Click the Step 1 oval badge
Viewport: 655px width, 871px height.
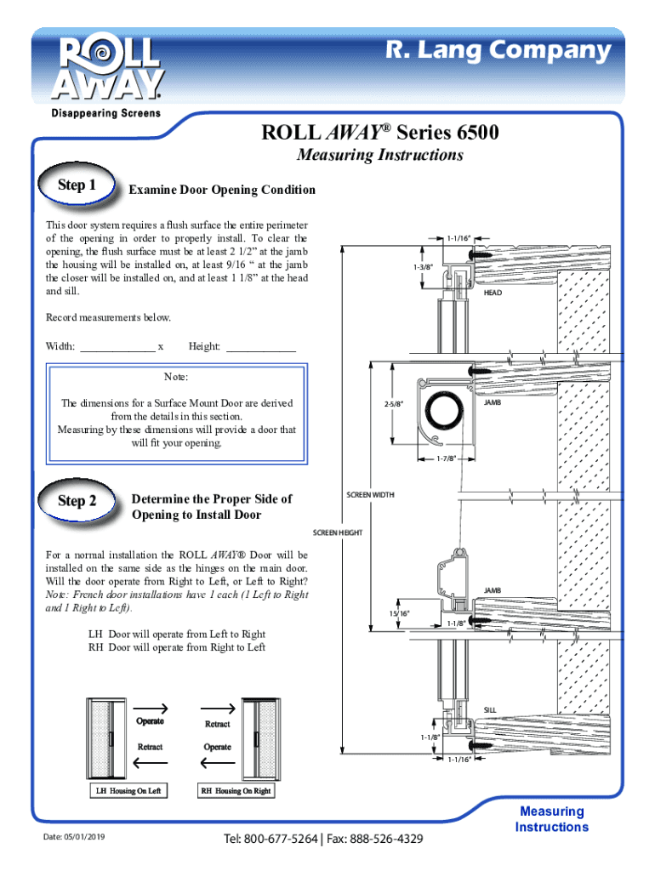[x=77, y=185]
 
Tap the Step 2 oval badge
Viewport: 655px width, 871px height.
[x=77, y=500]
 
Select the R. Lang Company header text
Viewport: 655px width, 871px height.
[x=498, y=50]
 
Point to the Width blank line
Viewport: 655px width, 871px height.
[x=117, y=351]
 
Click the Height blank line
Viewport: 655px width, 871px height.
[x=261, y=351]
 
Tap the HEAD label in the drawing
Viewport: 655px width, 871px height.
[x=493, y=293]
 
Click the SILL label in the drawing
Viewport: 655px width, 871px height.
[x=489, y=710]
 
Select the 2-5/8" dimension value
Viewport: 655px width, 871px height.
[x=393, y=404]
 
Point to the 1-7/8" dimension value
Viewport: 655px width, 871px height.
[x=446, y=458]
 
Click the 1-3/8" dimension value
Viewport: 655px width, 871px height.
[x=423, y=267]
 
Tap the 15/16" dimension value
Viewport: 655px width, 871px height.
[x=399, y=613]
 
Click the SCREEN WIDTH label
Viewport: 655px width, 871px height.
[x=370, y=494]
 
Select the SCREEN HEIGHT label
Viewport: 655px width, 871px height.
[x=337, y=532]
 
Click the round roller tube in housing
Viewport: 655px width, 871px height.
[x=444, y=411]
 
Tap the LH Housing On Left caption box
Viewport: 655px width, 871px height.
[x=128, y=790]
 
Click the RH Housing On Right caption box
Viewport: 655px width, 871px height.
[x=236, y=790]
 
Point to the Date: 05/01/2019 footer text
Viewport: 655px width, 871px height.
[x=74, y=837]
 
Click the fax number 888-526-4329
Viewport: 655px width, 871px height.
[x=386, y=838]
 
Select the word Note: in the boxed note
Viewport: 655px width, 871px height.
[x=176, y=377]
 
